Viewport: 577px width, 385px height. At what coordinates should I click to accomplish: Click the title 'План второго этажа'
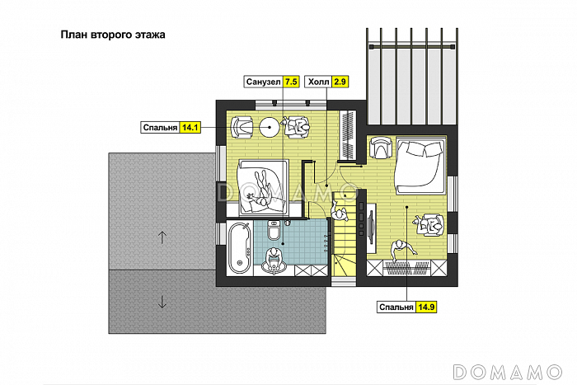[x=113, y=35]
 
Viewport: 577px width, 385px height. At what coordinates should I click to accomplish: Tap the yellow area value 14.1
[x=190, y=128]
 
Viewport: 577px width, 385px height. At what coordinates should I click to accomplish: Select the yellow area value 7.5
[x=291, y=82]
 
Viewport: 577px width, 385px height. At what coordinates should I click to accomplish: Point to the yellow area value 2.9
[x=340, y=82]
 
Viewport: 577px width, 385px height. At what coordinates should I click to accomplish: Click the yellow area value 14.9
[x=426, y=307]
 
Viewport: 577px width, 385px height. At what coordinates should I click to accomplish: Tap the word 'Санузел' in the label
[x=263, y=82]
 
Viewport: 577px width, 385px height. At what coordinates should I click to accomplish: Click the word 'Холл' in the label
[x=318, y=82]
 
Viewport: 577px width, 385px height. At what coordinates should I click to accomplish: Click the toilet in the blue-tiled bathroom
[x=274, y=230]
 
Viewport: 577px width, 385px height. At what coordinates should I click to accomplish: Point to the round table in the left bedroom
[x=270, y=127]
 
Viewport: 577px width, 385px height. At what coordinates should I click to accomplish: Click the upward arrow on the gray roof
[x=162, y=237]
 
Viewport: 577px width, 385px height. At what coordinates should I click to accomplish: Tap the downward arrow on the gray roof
[x=162, y=301]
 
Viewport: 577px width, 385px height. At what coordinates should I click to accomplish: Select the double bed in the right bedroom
[x=420, y=166]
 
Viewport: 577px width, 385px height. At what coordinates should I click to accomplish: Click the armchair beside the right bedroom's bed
[x=381, y=148]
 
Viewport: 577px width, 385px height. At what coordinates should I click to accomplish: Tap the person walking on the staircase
[x=340, y=213]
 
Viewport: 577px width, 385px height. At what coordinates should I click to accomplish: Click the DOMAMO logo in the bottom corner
[x=508, y=372]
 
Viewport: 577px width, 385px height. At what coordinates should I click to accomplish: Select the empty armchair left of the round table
[x=242, y=127]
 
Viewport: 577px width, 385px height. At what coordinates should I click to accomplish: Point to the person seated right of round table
[x=297, y=127]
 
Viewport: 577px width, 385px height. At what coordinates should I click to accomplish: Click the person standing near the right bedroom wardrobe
[x=402, y=251]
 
